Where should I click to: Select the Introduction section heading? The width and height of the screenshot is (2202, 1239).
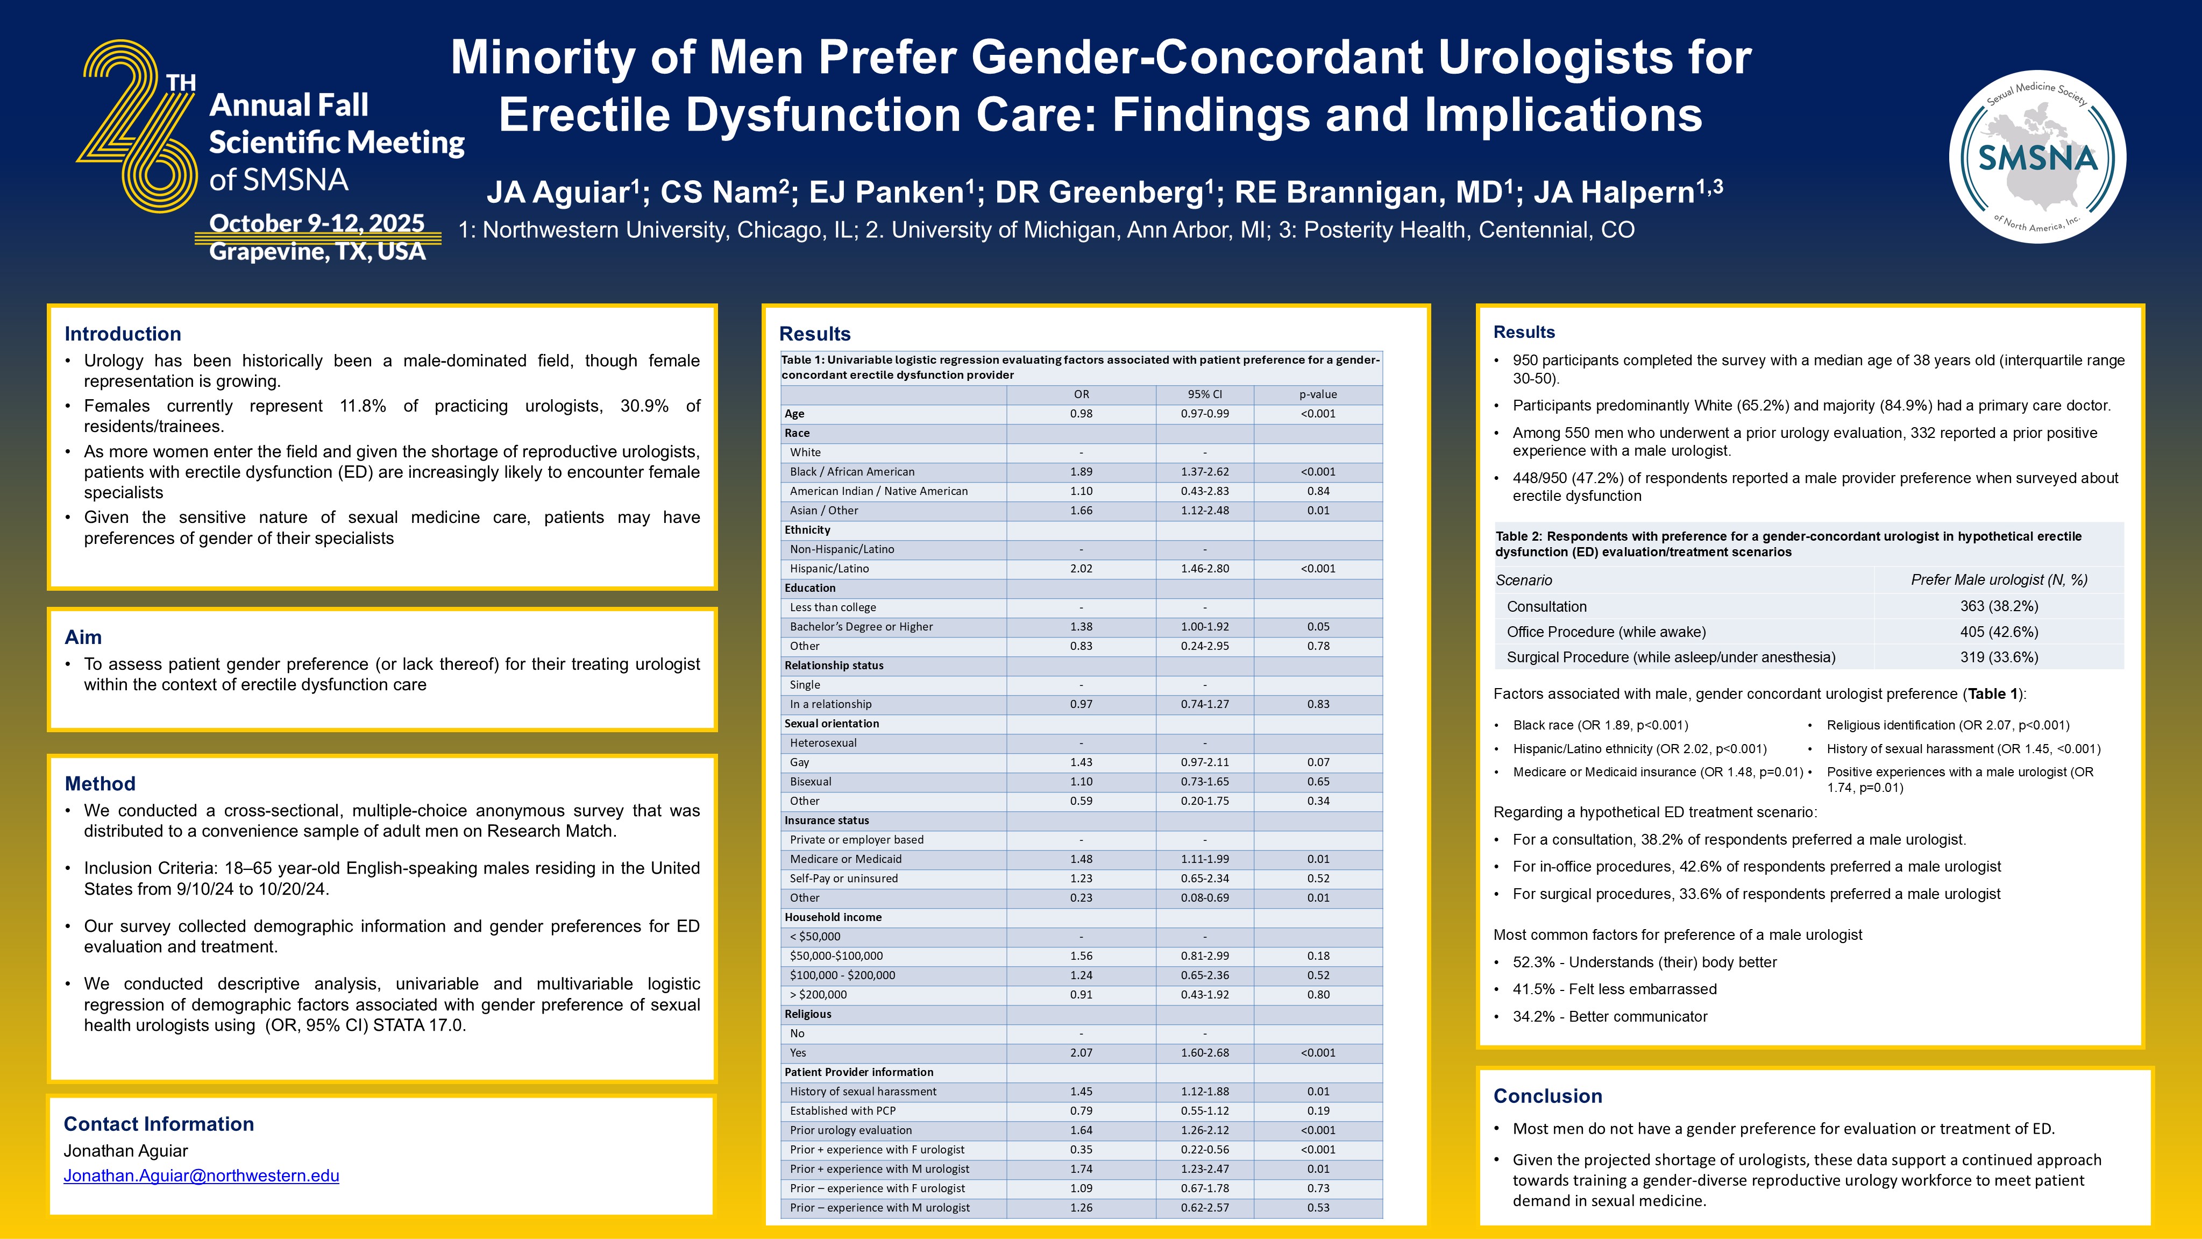tap(122, 334)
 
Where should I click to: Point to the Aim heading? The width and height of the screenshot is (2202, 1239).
tap(83, 637)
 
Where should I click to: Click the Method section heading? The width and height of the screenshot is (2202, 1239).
tap(100, 783)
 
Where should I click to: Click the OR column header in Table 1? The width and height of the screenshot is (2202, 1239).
tap(1081, 394)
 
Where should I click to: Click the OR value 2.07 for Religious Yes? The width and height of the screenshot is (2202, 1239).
tap(1081, 1053)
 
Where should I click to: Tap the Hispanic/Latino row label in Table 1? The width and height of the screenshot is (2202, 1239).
tap(829, 569)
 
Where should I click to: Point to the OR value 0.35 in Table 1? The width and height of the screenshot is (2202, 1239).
tap(1081, 1149)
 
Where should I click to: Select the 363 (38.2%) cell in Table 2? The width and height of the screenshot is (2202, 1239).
tap(1999, 605)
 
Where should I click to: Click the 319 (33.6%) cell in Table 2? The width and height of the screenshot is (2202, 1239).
tap(1999, 657)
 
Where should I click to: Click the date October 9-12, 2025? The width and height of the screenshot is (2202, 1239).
tap(316, 223)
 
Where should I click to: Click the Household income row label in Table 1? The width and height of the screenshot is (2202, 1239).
tap(833, 917)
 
